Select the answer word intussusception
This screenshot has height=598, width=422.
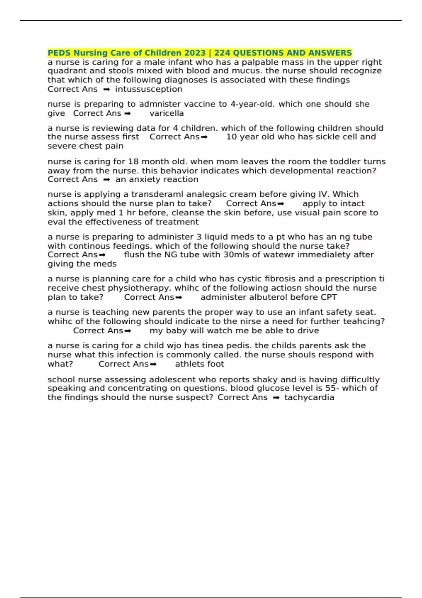click(x=149, y=89)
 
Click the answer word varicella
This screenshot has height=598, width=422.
click(x=167, y=113)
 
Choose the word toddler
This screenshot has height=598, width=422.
click(x=342, y=162)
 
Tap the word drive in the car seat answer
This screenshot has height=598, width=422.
click(x=308, y=331)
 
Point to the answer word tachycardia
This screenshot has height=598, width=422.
click(x=309, y=398)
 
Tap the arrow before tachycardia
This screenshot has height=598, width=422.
click(x=276, y=398)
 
